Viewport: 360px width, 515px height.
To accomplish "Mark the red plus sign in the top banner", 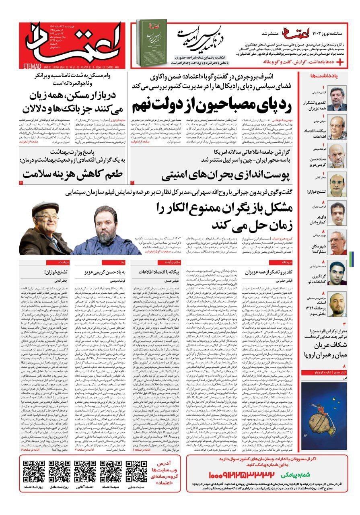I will click(x=340, y=62).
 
